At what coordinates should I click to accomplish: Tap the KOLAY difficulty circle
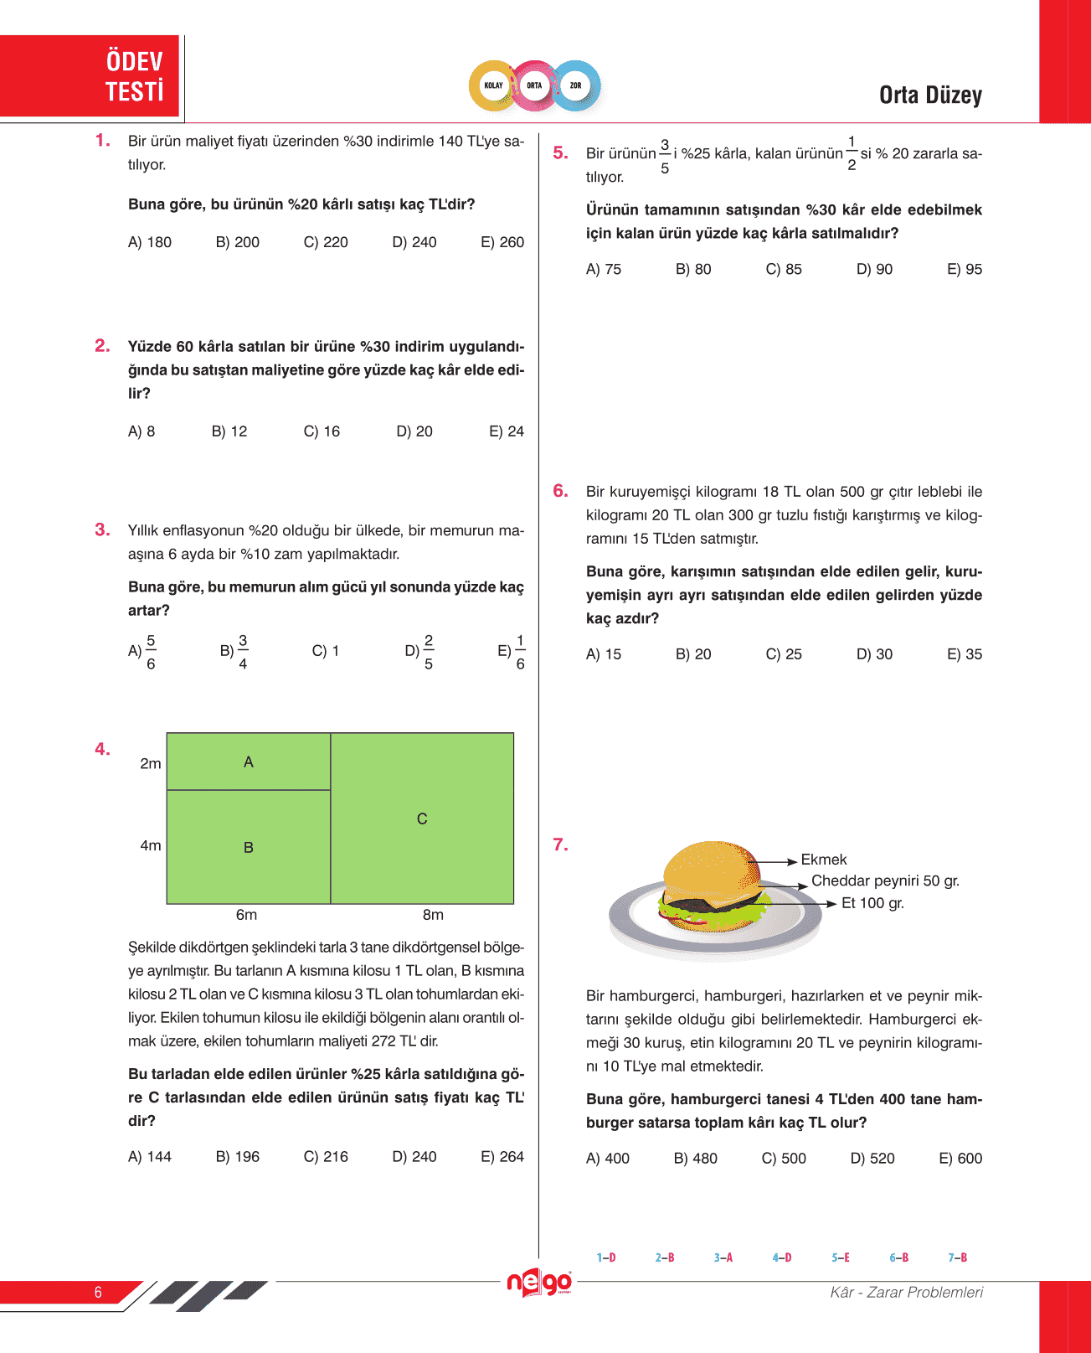click(493, 85)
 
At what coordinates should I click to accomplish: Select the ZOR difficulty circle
click(576, 85)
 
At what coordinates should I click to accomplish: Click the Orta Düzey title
click(930, 96)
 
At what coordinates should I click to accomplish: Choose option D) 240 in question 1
click(414, 242)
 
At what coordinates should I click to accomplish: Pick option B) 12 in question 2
click(229, 431)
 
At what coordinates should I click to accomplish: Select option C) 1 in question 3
click(326, 651)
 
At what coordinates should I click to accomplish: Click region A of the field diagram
click(249, 762)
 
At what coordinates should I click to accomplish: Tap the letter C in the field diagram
click(422, 819)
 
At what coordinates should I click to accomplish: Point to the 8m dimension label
click(433, 915)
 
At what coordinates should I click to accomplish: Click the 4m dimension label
click(151, 846)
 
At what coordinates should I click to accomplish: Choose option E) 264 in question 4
click(502, 1157)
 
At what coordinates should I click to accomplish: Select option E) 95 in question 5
click(965, 270)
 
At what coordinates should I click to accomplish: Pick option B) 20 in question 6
click(693, 654)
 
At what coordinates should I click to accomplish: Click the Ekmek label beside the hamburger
click(824, 860)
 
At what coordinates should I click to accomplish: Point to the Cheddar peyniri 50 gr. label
click(885, 881)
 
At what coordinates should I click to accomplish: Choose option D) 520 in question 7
click(872, 1159)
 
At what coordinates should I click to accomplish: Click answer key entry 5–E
click(841, 1257)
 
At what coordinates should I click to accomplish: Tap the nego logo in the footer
click(539, 1283)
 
